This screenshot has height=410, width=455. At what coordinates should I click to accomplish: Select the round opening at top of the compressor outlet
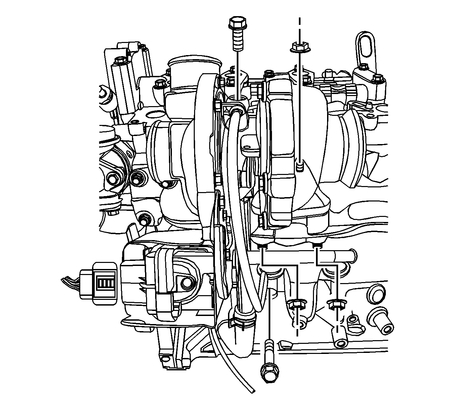[x=194, y=62]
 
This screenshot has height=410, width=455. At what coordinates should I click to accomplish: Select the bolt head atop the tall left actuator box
[x=119, y=60]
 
